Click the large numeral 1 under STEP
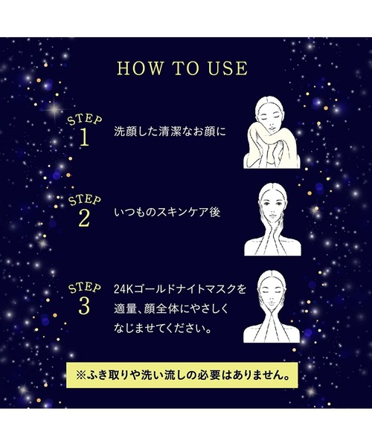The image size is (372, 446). [84, 138]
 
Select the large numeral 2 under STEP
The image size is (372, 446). [84, 219]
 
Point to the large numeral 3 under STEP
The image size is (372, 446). [84, 306]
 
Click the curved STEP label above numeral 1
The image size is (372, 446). [85, 120]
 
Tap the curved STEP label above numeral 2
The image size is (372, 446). [85, 201]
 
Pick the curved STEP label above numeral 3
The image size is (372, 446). [85, 288]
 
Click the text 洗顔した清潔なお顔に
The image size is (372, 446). [170, 132]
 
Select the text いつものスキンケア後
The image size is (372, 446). [167, 213]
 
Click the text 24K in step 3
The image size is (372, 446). [122, 290]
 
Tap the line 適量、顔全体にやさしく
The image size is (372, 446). [171, 309]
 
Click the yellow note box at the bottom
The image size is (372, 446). [182, 375]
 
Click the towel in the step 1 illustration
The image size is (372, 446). [268, 148]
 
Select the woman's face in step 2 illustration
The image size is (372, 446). [272, 206]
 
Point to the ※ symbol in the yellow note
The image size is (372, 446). [81, 375]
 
